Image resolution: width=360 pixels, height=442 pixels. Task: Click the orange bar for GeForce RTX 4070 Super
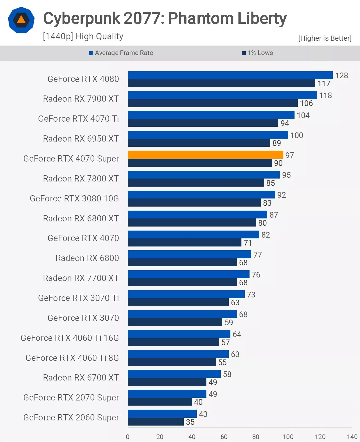tap(205, 155)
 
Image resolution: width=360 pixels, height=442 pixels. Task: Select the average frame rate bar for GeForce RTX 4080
tap(230, 75)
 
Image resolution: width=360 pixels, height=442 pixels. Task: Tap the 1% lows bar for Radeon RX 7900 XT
tap(213, 103)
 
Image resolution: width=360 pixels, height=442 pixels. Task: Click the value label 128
tap(341, 76)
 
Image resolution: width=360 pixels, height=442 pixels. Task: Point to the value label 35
tap(190, 422)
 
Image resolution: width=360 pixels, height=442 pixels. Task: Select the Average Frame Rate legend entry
tap(121, 53)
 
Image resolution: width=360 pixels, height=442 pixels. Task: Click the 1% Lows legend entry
tap(258, 53)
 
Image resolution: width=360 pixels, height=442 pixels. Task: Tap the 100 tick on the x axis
tap(288, 437)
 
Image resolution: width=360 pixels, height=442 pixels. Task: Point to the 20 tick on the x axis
tap(160, 437)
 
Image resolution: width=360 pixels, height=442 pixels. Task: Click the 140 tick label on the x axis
tap(352, 437)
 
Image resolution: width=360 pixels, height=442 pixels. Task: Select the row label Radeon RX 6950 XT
tap(81, 139)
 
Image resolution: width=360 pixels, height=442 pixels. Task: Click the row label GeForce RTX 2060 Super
tap(71, 417)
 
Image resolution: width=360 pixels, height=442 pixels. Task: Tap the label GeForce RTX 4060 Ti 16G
tap(70, 338)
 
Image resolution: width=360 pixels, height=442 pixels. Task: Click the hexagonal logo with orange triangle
tap(21, 20)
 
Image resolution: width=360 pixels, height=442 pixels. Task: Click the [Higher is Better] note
tap(325, 38)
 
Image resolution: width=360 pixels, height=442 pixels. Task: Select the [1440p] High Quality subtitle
tap(83, 36)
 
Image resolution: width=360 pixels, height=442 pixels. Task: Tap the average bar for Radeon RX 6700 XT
tap(174, 374)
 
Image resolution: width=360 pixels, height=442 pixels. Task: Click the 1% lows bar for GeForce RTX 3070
tap(175, 322)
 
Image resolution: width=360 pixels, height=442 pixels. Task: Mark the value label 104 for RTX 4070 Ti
tap(303, 115)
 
